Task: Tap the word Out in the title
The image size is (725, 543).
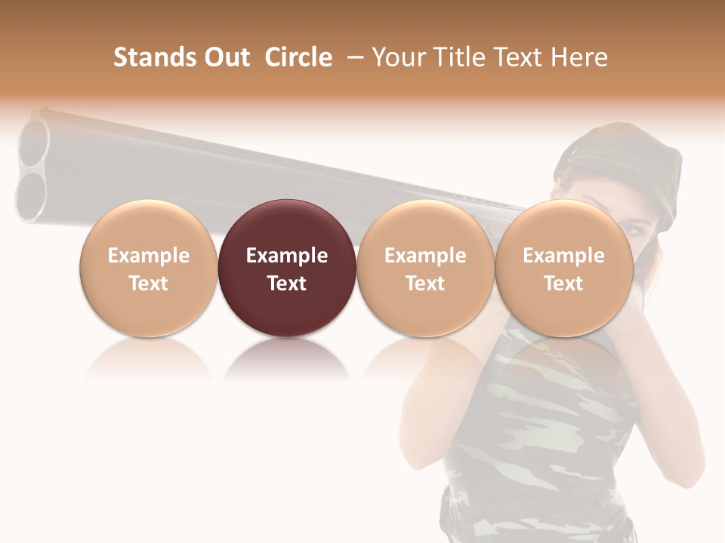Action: click(x=224, y=57)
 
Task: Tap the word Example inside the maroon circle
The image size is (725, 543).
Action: click(x=286, y=256)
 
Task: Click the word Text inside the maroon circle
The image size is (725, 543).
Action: click(x=286, y=284)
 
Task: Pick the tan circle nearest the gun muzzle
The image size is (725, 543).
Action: click(x=148, y=268)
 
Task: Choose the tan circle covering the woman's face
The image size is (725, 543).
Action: click(x=563, y=268)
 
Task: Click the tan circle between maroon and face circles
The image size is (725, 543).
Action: click(x=425, y=268)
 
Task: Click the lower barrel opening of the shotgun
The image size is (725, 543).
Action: click(x=30, y=198)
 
